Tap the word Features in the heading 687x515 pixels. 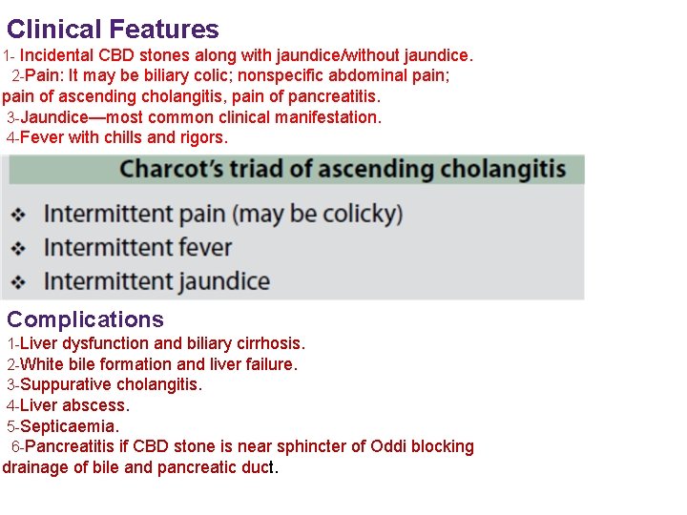click(164, 30)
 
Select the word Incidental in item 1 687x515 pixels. click(58, 56)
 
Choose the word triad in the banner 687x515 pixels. click(281, 170)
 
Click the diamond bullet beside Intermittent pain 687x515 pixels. click(18, 214)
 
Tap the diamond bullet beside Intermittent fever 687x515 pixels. click(18, 248)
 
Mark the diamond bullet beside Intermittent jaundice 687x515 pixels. click(18, 282)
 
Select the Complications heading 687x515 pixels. click(85, 319)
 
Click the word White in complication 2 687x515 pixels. click(41, 364)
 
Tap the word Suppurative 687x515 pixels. click(68, 385)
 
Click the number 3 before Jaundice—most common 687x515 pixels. click(10, 117)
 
